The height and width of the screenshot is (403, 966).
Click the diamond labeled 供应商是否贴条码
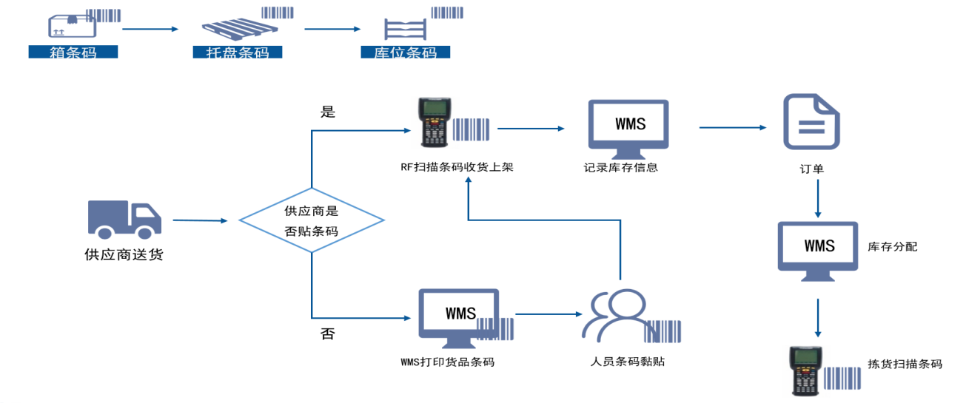pos(312,220)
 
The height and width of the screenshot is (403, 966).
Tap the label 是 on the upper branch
pos(328,112)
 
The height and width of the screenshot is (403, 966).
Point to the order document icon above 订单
pos(811,121)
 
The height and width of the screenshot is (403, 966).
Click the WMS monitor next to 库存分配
pos(818,248)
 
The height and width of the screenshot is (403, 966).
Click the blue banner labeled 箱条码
pos(73,53)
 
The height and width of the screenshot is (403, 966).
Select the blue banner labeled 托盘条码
pos(237,53)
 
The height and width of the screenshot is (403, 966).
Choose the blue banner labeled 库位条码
pos(405,53)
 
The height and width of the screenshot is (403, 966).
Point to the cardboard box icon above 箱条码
pos(72,26)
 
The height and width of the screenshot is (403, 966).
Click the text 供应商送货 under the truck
pos(124,256)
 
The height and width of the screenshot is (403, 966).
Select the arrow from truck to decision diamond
pos(200,220)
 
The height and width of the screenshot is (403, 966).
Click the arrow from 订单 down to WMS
pos(817,196)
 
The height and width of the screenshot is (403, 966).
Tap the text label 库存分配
pos(892,247)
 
